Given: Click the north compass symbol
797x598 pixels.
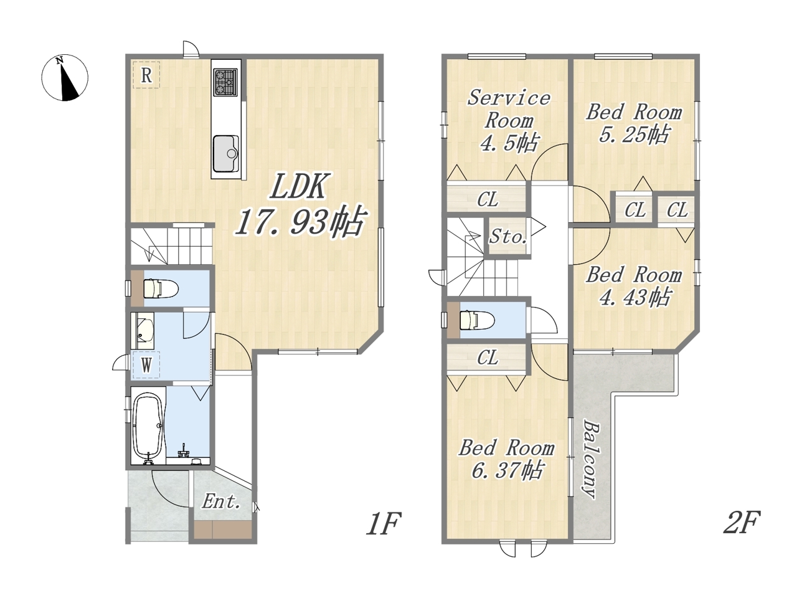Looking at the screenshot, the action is [65, 78].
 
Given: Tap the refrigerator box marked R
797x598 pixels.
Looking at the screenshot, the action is [146, 75].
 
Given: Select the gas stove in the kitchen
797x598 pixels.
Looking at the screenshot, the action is [225, 83].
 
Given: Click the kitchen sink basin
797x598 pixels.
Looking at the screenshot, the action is [225, 153].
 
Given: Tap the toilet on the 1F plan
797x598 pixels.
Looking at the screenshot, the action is [161, 288].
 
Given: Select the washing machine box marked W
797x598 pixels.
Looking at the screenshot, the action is [146, 365].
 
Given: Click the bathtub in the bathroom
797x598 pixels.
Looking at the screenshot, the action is [148, 425].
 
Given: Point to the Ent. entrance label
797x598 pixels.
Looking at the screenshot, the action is [221, 502].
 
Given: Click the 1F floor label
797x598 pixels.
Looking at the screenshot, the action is [383, 524].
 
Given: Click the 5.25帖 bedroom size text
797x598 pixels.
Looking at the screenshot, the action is [633, 135].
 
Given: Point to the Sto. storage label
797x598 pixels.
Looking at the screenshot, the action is [507, 237].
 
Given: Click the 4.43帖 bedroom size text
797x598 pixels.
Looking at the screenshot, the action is [634, 298].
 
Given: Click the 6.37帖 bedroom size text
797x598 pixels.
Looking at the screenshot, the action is [507, 471].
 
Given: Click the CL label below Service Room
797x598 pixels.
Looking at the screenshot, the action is [488, 199].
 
